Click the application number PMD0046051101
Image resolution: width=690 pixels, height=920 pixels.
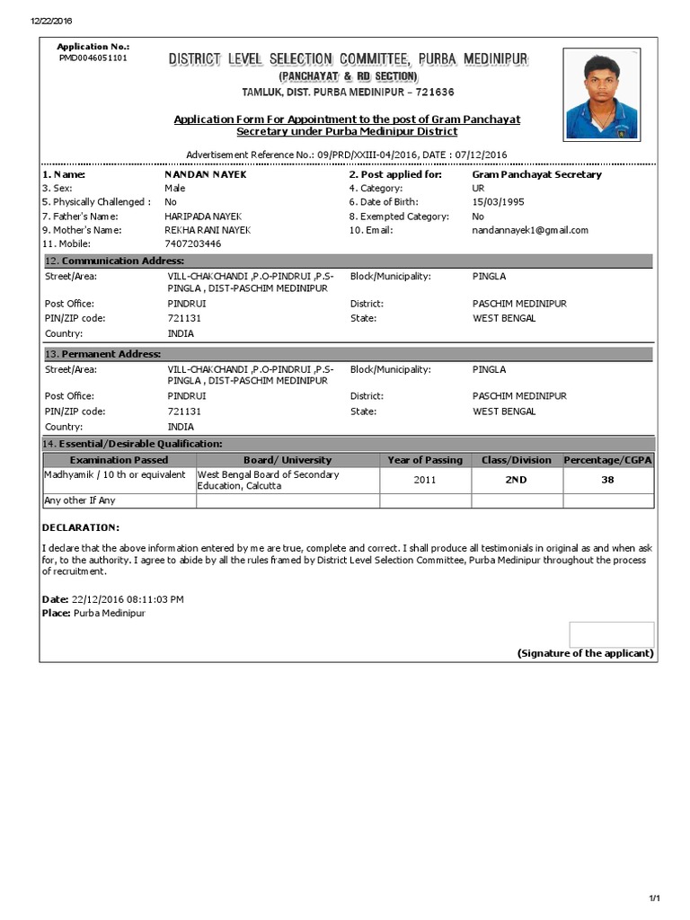click(x=93, y=57)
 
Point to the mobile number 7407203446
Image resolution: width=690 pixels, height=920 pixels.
click(x=192, y=243)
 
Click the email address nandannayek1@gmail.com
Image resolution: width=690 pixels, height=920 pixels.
click(x=530, y=230)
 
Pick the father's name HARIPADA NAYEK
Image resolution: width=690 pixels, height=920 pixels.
click(x=204, y=217)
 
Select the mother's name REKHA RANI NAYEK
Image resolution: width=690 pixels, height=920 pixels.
click(x=208, y=230)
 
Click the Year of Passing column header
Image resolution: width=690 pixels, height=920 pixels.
click(x=425, y=460)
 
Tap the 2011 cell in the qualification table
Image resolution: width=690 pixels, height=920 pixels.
click(x=425, y=480)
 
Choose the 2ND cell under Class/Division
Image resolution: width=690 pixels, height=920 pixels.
click(x=516, y=480)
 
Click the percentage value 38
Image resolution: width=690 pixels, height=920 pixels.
click(x=607, y=480)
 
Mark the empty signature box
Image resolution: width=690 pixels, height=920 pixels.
click(x=611, y=633)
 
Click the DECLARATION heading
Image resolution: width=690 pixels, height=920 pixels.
click(x=80, y=527)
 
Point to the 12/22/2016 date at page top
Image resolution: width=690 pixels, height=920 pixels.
click(x=51, y=21)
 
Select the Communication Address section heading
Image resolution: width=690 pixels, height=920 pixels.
click(x=114, y=261)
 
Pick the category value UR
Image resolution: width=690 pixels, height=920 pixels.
click(x=478, y=189)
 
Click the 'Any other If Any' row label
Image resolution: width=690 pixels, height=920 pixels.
click(x=80, y=500)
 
